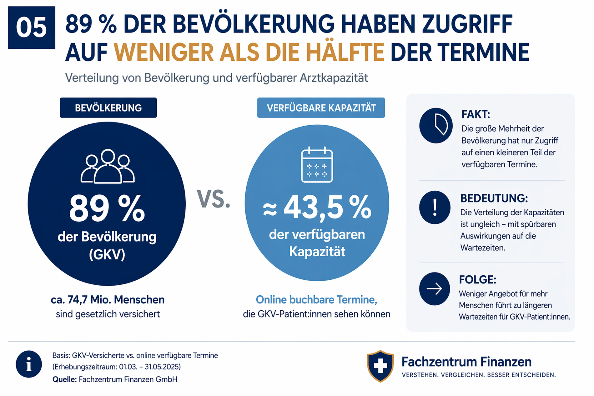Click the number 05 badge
[x=32, y=28]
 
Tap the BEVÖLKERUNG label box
[x=108, y=108]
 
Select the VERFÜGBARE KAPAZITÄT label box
[x=321, y=108]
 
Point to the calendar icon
[x=317, y=164]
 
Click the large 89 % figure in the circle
[x=107, y=208]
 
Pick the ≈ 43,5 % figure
[x=317, y=207]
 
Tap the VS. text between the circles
[x=214, y=199]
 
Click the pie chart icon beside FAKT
[x=436, y=126]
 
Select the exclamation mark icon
[x=435, y=208]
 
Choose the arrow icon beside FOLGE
[x=435, y=289]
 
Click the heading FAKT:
[x=476, y=114]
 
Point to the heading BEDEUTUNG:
[x=494, y=198]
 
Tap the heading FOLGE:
[x=477, y=279]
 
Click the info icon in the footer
[x=29, y=364]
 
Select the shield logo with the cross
[x=380, y=366]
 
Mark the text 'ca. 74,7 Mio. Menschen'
[x=108, y=300]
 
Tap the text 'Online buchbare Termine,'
[x=316, y=300]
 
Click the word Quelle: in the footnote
[x=64, y=379]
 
